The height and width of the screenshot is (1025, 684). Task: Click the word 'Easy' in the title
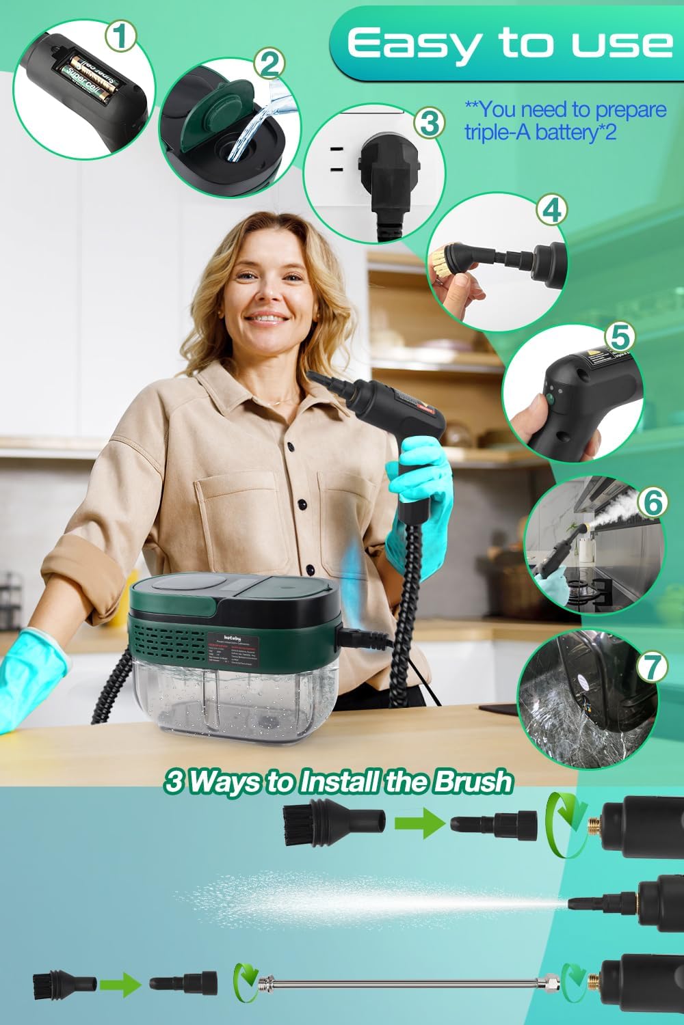pyautogui.click(x=418, y=44)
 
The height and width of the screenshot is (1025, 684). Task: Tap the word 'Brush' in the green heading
pyautogui.click(x=472, y=781)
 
